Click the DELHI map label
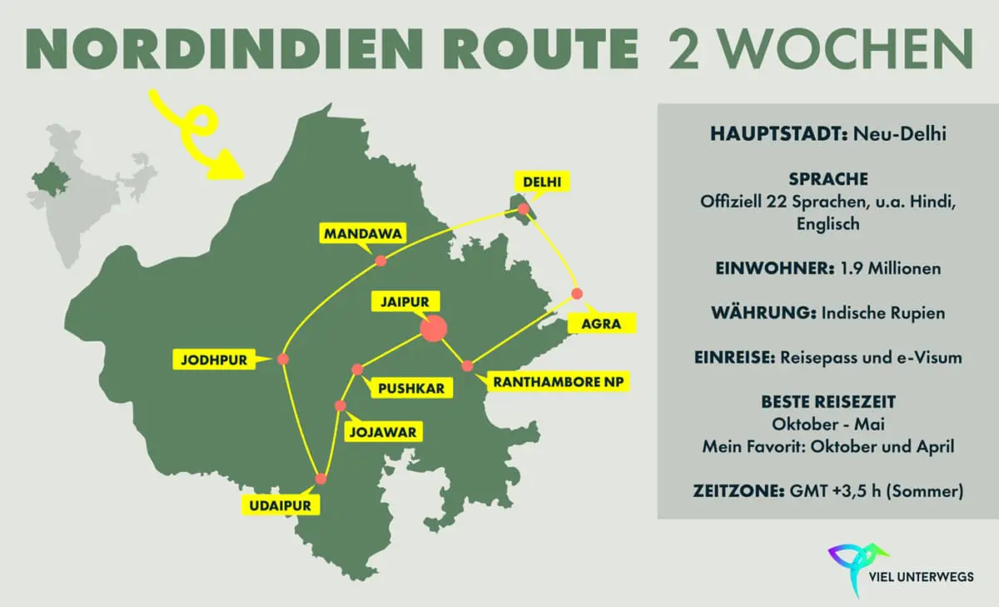tap(541, 182)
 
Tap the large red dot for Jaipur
tap(433, 328)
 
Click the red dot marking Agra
tap(577, 293)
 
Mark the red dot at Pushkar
tap(357, 369)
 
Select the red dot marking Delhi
tap(523, 208)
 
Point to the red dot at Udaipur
tap(321, 479)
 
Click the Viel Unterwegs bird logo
tap(857, 565)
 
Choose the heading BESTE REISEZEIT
tap(828, 403)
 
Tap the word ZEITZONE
tap(734, 492)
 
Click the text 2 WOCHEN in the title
tap(820, 48)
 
